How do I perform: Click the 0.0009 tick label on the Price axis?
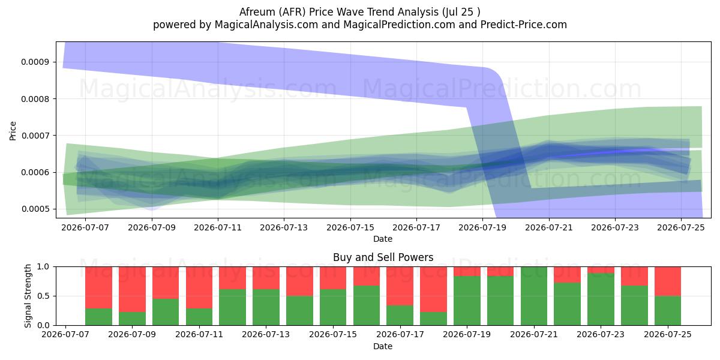pyautogui.click(x=35, y=62)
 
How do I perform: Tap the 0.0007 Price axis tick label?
pyautogui.click(x=35, y=136)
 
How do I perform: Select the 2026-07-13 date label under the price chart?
pyautogui.click(x=284, y=227)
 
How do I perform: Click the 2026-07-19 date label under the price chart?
pyautogui.click(x=482, y=227)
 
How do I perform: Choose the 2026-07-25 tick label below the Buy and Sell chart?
pyautogui.click(x=668, y=334)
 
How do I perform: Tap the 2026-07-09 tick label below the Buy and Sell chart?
pyautogui.click(x=132, y=334)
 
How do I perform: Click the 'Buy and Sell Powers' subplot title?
pyautogui.click(x=383, y=257)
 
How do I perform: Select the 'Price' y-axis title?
pyautogui.click(x=13, y=131)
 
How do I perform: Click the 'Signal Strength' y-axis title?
pyautogui.click(x=28, y=296)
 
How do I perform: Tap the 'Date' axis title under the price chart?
pyautogui.click(x=383, y=239)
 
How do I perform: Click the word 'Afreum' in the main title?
pyautogui.click(x=257, y=12)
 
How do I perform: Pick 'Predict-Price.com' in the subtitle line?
pyautogui.click(x=524, y=25)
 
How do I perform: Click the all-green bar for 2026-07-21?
pyautogui.click(x=534, y=296)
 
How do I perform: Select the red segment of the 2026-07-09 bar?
pyautogui.click(x=132, y=289)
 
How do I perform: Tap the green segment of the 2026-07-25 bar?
pyautogui.click(x=668, y=311)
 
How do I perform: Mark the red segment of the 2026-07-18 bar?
pyautogui.click(x=433, y=289)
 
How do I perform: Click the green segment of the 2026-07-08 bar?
pyautogui.click(x=98, y=317)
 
